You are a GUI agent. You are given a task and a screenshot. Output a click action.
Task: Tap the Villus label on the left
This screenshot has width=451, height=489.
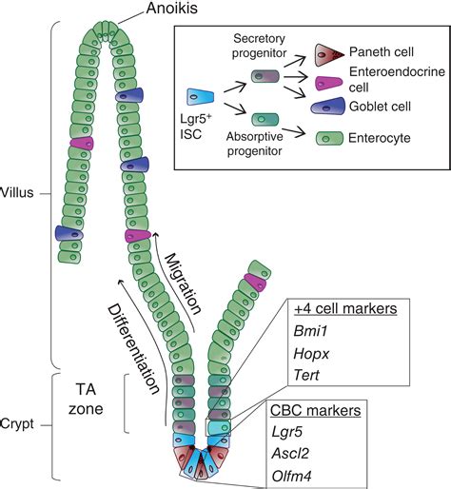(18, 191)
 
